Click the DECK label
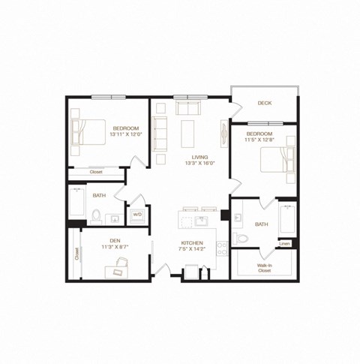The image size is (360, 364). pyautogui.click(x=264, y=103)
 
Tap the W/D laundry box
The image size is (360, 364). pyautogui.click(x=137, y=215)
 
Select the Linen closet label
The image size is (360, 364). pyautogui.click(x=285, y=244)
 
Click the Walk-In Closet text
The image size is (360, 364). pyautogui.click(x=264, y=267)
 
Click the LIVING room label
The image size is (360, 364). pyautogui.click(x=199, y=157)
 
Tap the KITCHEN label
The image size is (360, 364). pyautogui.click(x=192, y=242)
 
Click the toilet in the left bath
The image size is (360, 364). pyautogui.click(x=96, y=216)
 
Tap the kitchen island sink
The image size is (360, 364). pyautogui.click(x=200, y=221)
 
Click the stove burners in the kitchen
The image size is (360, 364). pyautogui.click(x=222, y=247)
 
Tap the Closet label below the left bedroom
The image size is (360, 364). pyautogui.click(x=95, y=172)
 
